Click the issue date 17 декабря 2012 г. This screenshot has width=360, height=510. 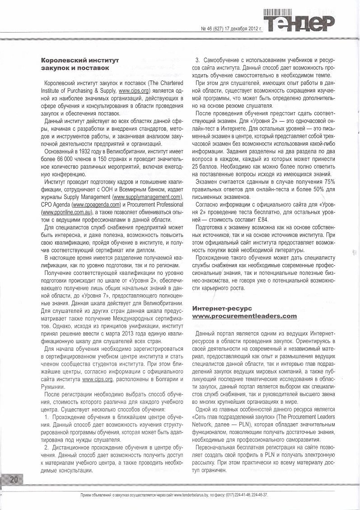click(x=241, y=29)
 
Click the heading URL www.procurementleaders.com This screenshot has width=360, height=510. click(x=244, y=316)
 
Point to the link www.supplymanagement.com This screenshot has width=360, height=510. click(x=147, y=197)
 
